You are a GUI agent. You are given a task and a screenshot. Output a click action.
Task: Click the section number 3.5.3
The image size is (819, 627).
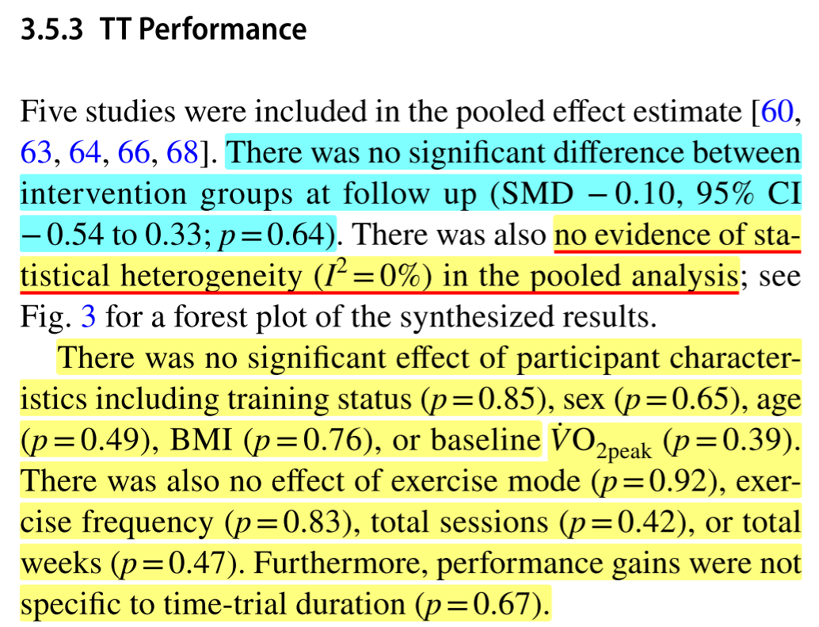53,29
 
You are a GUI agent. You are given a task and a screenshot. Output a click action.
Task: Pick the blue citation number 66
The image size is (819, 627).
133,153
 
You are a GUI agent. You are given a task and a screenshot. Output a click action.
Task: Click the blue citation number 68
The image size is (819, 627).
181,153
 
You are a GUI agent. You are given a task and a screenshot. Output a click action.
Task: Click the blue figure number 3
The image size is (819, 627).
90,318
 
